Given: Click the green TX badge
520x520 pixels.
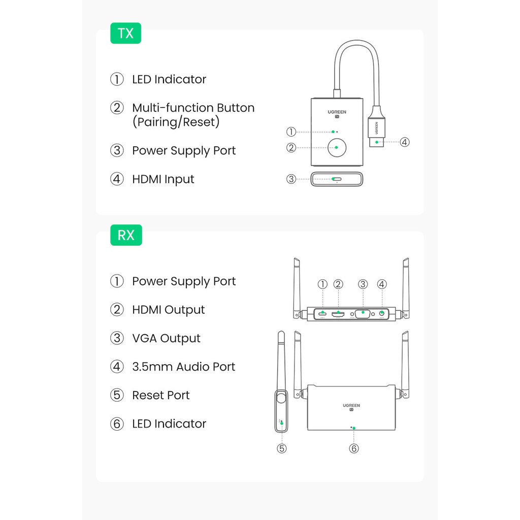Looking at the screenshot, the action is pyautogui.click(x=126, y=33).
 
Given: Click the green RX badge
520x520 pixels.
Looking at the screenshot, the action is pyautogui.click(x=126, y=235).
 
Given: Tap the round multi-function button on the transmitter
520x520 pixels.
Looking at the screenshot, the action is pyautogui.click(x=337, y=148).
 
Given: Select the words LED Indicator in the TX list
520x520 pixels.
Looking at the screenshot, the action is pyautogui.click(x=169, y=79).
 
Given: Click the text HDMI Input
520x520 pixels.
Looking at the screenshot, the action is pyautogui.click(x=163, y=179).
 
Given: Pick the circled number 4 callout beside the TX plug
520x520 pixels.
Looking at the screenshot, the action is pyautogui.click(x=405, y=142).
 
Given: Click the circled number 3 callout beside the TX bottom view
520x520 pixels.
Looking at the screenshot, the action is pyautogui.click(x=291, y=179).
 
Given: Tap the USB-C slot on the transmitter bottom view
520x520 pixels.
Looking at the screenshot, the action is pyautogui.click(x=337, y=179).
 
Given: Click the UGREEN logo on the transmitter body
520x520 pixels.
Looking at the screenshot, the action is pyautogui.click(x=337, y=112).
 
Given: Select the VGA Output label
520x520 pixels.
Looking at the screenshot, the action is pyautogui.click(x=166, y=338).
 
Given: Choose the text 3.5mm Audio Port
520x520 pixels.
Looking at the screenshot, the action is pyautogui.click(x=184, y=367).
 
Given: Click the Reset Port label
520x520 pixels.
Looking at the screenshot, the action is pyautogui.click(x=161, y=395).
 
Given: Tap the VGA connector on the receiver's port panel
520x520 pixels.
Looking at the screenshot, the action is pyautogui.click(x=363, y=314).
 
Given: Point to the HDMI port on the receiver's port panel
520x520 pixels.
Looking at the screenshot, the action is pyautogui.click(x=338, y=313).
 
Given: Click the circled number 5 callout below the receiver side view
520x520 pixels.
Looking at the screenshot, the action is pyautogui.click(x=282, y=449).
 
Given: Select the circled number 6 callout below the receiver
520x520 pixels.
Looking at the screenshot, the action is pyautogui.click(x=354, y=449).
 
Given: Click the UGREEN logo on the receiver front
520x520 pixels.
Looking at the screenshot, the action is pyautogui.click(x=351, y=406).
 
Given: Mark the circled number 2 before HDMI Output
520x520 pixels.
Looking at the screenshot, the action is pyautogui.click(x=117, y=310).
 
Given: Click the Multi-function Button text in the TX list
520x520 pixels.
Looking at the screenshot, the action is pyautogui.click(x=193, y=108).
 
